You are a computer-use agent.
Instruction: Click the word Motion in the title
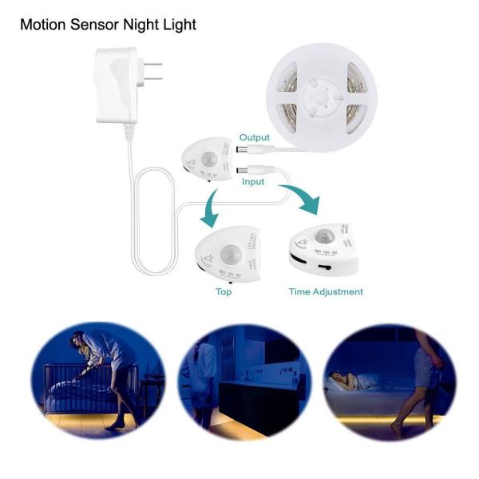(x=44, y=25)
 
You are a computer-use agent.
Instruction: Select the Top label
(x=224, y=291)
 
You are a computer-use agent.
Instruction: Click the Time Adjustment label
(x=326, y=291)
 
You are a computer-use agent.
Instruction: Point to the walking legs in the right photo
(x=423, y=391)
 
